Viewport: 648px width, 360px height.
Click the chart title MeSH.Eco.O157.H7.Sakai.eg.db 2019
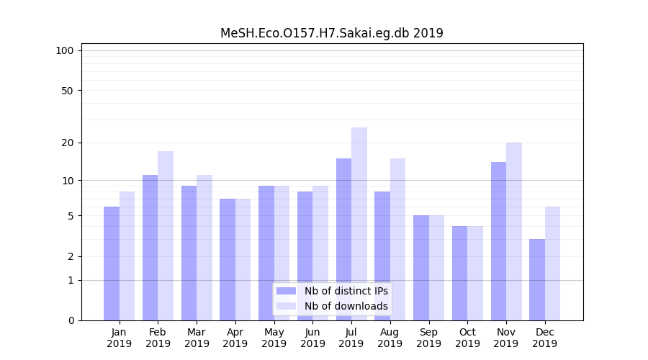[x=331, y=33]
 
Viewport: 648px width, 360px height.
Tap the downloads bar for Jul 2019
[x=359, y=224]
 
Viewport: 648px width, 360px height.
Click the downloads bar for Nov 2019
[x=514, y=231]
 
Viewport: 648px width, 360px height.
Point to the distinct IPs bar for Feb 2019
[x=150, y=248]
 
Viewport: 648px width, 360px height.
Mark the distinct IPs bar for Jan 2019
[x=112, y=264]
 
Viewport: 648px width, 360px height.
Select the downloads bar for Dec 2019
[x=552, y=264]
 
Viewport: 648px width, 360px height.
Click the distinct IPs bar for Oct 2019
[x=459, y=273]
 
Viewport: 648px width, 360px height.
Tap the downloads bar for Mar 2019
[x=204, y=248]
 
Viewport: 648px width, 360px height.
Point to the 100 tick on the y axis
[x=65, y=50]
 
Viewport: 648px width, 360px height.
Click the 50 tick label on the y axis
[x=67, y=91]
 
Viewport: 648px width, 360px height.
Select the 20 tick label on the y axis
[x=67, y=143]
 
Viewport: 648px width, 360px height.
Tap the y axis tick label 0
[x=71, y=320]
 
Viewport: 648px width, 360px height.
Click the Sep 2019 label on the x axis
[x=428, y=338]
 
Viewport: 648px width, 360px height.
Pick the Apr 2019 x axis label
[x=235, y=338]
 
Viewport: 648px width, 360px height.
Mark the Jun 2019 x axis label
[x=312, y=338]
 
